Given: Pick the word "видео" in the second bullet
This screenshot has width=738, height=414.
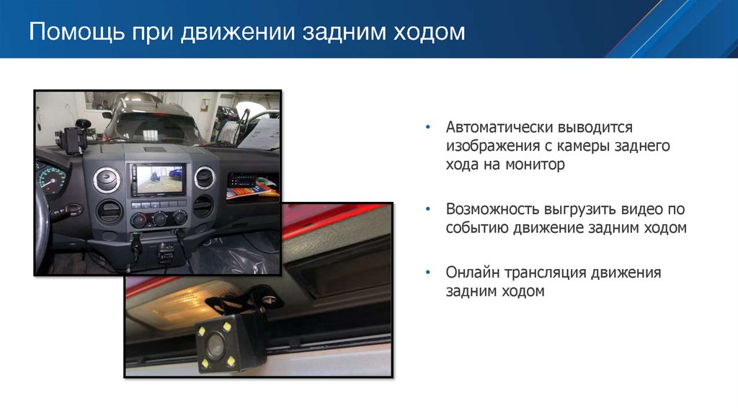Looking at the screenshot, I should (639, 209).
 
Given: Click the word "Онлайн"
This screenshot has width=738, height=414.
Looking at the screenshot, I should (471, 273).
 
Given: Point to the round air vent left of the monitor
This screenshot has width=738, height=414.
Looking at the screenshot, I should (109, 179).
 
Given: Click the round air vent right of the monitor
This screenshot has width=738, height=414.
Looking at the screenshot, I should (205, 177).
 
